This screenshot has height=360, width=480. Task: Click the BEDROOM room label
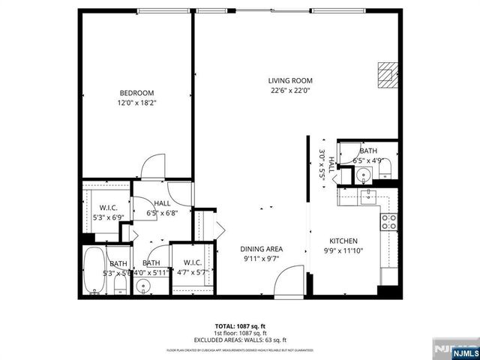[136, 93]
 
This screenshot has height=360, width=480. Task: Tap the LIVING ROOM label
[290, 81]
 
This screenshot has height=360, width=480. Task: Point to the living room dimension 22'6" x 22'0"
[290, 90]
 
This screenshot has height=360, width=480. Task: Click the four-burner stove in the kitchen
[389, 220]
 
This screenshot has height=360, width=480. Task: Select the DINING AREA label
[261, 249]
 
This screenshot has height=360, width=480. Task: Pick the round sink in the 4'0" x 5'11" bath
[145, 286]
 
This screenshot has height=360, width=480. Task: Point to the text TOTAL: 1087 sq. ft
[239, 325]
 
